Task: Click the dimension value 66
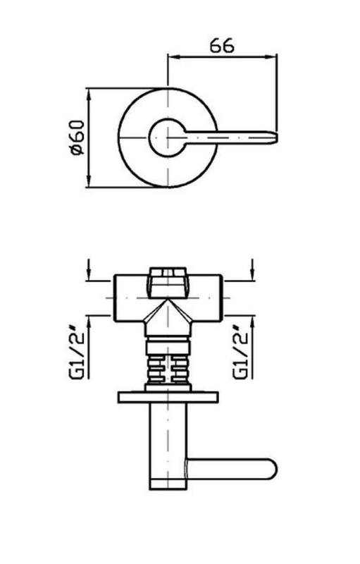(x=222, y=45)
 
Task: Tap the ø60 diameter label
(x=77, y=137)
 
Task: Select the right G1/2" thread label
(x=241, y=355)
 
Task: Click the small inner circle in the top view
(x=149, y=137)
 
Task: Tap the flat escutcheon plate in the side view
(x=168, y=397)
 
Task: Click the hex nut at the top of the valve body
(x=168, y=283)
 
